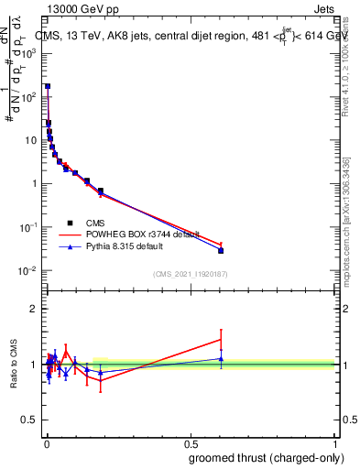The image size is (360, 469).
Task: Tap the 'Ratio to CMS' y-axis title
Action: click(x=12, y=365)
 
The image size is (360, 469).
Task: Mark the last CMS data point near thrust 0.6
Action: click(x=221, y=250)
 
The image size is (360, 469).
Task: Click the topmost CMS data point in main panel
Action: click(x=47, y=86)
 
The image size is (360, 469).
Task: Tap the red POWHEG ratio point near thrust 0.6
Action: click(x=221, y=340)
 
